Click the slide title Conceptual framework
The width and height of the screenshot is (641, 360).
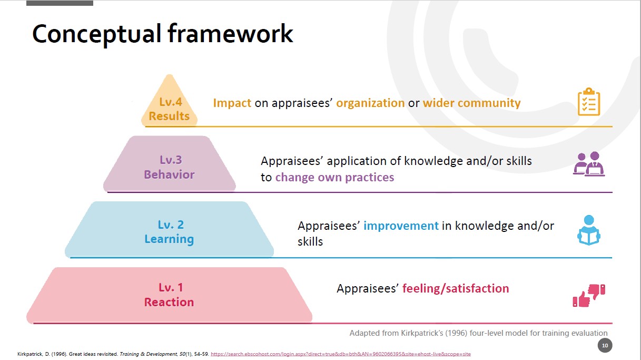(x=163, y=34)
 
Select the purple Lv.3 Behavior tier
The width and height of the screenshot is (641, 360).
(x=170, y=164)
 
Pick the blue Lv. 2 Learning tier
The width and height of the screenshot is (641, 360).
(x=169, y=229)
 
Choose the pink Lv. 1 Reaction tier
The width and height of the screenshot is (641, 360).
(x=169, y=295)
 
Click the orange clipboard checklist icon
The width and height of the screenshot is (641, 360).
(x=589, y=102)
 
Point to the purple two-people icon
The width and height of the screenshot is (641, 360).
(x=589, y=164)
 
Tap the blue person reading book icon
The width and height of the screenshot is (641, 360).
(x=589, y=230)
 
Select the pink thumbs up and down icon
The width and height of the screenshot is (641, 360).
(x=589, y=296)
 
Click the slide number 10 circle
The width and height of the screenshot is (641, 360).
(x=605, y=345)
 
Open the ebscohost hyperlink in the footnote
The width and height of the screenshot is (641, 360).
(x=341, y=354)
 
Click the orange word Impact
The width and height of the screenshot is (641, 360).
(x=232, y=103)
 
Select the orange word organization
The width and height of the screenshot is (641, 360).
(x=370, y=103)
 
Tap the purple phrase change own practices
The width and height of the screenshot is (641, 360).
(x=334, y=178)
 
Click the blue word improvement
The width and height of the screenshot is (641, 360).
(x=401, y=226)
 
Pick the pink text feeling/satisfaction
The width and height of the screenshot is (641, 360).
(x=456, y=288)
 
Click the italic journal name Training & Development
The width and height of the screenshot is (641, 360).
(x=148, y=354)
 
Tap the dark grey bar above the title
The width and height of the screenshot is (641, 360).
(x=60, y=3)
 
